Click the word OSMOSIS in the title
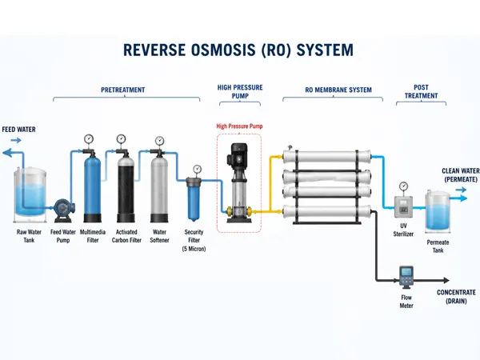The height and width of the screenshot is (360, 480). click(223, 50)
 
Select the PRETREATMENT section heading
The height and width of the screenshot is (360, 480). click(122, 90)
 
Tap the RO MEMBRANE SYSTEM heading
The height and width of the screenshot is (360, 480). click(338, 90)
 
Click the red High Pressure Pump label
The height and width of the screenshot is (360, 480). click(239, 126)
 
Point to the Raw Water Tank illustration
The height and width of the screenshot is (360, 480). click(30, 194)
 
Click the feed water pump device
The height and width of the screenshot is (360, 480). click(64, 210)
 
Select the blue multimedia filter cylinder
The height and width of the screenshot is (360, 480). click(92, 188)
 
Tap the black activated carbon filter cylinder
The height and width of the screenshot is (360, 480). click(126, 188)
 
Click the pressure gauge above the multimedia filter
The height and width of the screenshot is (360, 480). click(89, 139)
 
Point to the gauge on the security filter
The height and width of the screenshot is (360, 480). click(197, 169)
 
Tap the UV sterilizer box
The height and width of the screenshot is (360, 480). click(403, 207)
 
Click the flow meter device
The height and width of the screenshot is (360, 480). click(406, 278)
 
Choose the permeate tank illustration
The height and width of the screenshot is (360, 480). click(438, 211)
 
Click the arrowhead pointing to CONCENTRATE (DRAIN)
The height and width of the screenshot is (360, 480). click(446, 280)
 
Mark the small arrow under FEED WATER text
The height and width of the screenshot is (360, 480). click(16, 140)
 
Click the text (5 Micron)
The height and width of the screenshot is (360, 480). click(194, 249)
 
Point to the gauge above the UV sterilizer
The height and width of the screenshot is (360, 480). click(404, 186)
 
